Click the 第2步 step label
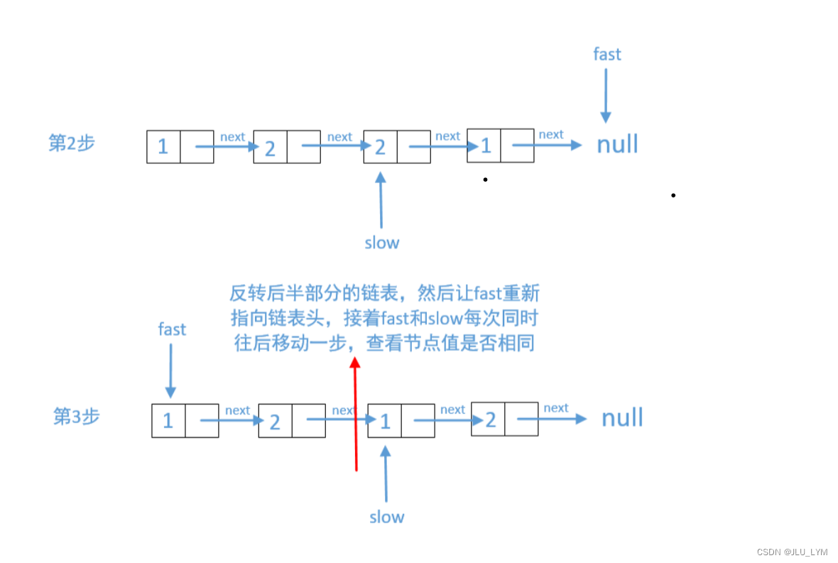pyautogui.click(x=71, y=143)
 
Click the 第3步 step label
pyautogui.click(x=76, y=416)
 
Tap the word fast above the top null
pyautogui.click(x=606, y=54)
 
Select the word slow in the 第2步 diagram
pyautogui.click(x=382, y=243)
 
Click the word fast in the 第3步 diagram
pyautogui.click(x=172, y=329)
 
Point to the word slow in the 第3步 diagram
pyautogui.click(x=386, y=517)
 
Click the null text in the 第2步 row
pyautogui.click(x=617, y=144)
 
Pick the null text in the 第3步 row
pyautogui.click(x=622, y=417)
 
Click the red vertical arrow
pyautogui.click(x=355, y=415)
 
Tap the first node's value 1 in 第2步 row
pyautogui.click(x=163, y=147)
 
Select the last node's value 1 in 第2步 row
pyautogui.click(x=486, y=146)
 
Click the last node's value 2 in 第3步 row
pyautogui.click(x=490, y=420)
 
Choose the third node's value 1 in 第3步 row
pyautogui.click(x=385, y=422)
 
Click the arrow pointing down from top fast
pyautogui.click(x=605, y=96)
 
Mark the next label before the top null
pyautogui.click(x=550, y=134)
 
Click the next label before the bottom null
pyautogui.click(x=555, y=408)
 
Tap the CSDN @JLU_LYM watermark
pyautogui.click(x=792, y=552)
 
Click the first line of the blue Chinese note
pyautogui.click(x=384, y=293)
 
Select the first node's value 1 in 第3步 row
pyautogui.click(x=168, y=421)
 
